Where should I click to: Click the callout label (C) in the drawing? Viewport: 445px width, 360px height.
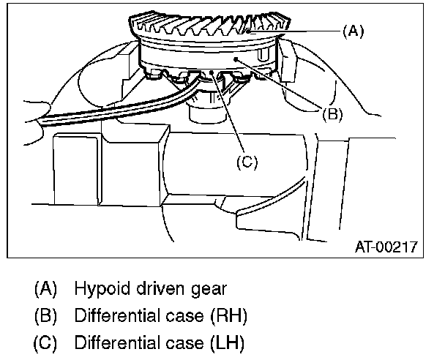[x=247, y=162]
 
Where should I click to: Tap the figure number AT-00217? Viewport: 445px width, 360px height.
[x=386, y=247]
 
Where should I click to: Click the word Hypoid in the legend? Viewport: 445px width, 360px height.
[x=97, y=288]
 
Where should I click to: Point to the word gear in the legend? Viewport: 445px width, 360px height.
[x=192, y=288]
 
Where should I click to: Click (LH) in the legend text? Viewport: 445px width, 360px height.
[x=225, y=342]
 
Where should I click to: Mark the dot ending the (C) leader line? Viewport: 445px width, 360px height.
[x=212, y=72]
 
